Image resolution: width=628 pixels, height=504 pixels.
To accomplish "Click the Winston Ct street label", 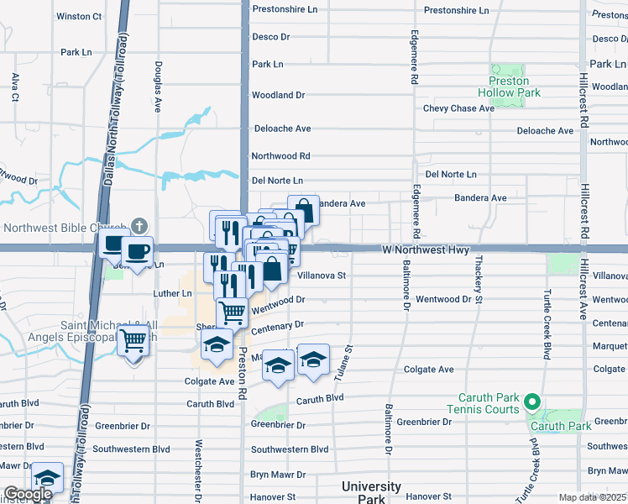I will coord(79,16).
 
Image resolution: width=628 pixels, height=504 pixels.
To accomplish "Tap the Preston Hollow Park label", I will coord(509,87).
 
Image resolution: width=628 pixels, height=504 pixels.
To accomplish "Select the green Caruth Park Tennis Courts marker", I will coord(531,402).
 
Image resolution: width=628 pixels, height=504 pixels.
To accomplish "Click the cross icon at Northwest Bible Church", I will coord(139,227).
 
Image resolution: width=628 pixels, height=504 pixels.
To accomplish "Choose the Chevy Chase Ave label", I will coord(458,108).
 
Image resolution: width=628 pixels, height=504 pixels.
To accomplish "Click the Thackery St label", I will coord(479,279).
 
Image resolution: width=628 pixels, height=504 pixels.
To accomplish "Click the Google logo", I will coord(27,494).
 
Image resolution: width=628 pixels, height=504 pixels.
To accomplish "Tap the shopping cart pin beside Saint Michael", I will coord(133,342).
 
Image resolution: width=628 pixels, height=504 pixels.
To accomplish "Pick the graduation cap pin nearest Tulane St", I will coord(313,360).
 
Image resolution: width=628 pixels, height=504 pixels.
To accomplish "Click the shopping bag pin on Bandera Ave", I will coord(304,210).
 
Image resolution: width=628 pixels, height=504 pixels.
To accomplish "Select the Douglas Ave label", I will coord(157,86).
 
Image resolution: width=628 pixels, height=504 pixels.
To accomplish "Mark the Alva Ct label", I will coord(15,87).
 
